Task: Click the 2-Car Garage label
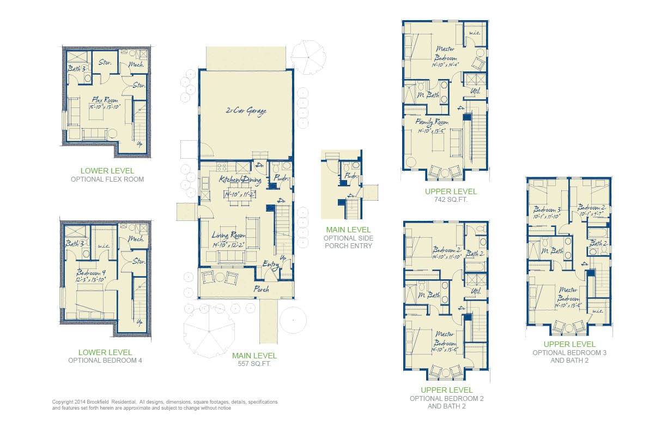click(x=246, y=111)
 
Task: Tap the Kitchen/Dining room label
click(x=240, y=179)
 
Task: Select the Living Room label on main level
click(x=228, y=236)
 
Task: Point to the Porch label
click(x=261, y=289)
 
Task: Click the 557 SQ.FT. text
click(x=254, y=364)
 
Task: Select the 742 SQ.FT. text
click(x=451, y=200)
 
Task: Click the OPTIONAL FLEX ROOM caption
click(x=107, y=179)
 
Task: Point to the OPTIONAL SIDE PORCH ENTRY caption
click(x=348, y=242)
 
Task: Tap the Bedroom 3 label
click(x=547, y=209)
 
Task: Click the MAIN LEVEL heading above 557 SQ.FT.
click(x=254, y=356)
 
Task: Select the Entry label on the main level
click(x=271, y=265)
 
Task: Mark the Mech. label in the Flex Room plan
click(x=136, y=65)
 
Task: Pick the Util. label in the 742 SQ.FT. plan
click(x=475, y=91)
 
